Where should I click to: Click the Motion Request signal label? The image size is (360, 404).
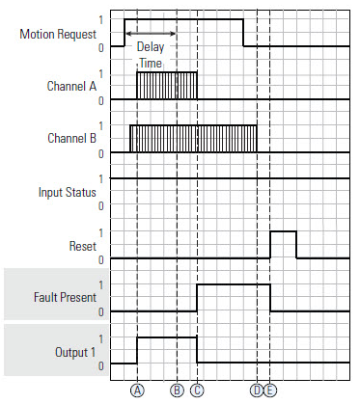[x=57, y=35]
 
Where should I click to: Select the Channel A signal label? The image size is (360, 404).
[x=70, y=84]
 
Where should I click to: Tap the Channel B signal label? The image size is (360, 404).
[x=70, y=138]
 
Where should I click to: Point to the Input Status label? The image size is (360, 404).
[x=65, y=192]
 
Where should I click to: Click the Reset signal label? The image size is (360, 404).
[x=81, y=246]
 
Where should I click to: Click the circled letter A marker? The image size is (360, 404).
[x=138, y=391]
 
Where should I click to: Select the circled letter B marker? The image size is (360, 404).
[x=178, y=391]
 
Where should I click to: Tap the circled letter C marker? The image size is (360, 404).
[x=197, y=391]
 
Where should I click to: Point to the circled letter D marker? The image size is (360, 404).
[x=257, y=391]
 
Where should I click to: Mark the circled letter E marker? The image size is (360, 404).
[x=270, y=391]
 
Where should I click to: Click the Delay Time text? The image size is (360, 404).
[x=151, y=54]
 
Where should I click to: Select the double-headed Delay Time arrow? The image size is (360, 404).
[x=151, y=34]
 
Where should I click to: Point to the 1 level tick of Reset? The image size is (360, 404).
[x=100, y=232]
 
